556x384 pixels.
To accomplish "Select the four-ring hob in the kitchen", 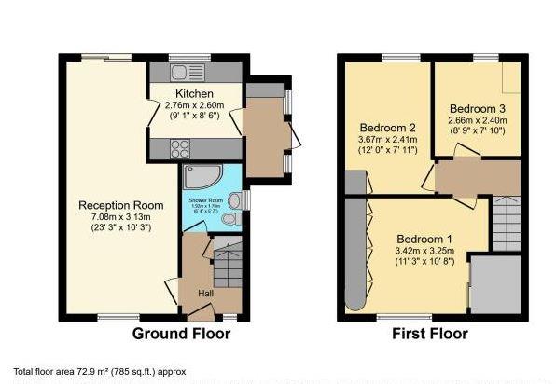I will (x=181, y=147).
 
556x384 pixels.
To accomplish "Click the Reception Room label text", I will (x=121, y=205).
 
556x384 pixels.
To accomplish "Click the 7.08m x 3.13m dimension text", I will (x=121, y=217).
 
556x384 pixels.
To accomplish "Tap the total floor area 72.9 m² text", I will (x=100, y=371).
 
